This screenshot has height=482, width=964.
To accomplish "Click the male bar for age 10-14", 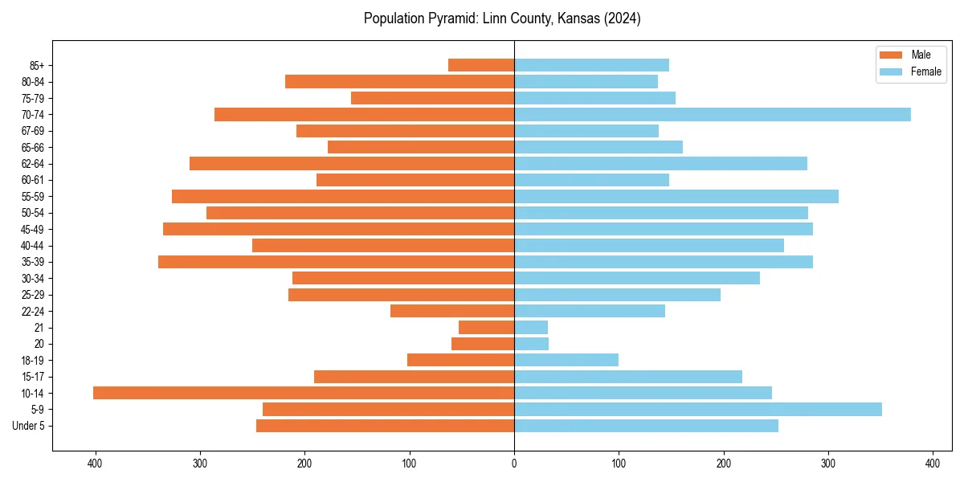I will pyautogui.click(x=304, y=393).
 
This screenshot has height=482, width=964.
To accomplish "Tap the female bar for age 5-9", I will pyautogui.click(x=698, y=409).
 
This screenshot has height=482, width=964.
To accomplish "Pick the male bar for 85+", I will pyautogui.click(x=481, y=65).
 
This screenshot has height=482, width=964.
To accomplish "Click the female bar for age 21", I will pyautogui.click(x=531, y=328).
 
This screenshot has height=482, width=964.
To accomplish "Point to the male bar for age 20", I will pyautogui.click(x=483, y=344).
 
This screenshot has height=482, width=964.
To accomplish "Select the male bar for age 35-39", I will pyautogui.click(x=336, y=262).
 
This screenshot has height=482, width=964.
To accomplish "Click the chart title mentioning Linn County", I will pyautogui.click(x=502, y=18).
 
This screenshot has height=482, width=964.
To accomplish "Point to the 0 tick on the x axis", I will pyautogui.click(x=514, y=464).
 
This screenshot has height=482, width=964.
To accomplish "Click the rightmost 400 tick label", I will pyautogui.click(x=933, y=464).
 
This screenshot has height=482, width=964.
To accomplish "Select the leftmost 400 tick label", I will pyautogui.click(x=96, y=464).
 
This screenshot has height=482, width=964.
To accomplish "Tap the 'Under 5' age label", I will pyautogui.click(x=28, y=426).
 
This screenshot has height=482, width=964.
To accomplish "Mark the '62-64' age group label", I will pyautogui.click(x=33, y=164).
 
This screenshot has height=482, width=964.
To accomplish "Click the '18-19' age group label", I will pyautogui.click(x=33, y=361).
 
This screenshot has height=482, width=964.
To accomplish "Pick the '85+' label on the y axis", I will pyautogui.click(x=36, y=65).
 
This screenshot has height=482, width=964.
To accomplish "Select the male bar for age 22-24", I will pyautogui.click(x=452, y=311).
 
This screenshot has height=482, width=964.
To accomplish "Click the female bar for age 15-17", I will pyautogui.click(x=628, y=377).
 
